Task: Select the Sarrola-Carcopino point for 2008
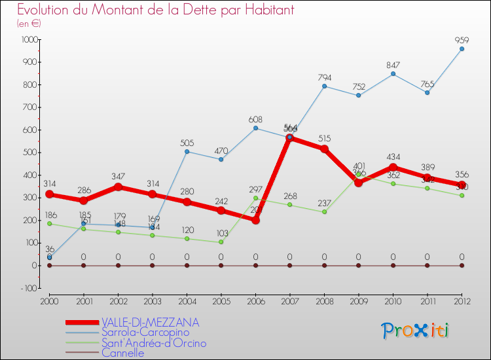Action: pos(324,86)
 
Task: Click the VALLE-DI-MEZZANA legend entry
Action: pos(150,323)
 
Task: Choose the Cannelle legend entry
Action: pos(122,353)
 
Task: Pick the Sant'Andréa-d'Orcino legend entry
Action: pos(154,343)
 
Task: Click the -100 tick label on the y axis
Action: pos(29,288)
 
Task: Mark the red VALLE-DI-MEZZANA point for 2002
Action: pos(118,187)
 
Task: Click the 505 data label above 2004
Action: pos(187,143)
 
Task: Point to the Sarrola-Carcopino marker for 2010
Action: pos(393,73)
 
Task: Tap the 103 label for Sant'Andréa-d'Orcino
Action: pos(221,234)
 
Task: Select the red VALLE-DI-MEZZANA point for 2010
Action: pos(393,167)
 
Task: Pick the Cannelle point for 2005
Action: pos(221,265)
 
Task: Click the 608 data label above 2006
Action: pos(255,120)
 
